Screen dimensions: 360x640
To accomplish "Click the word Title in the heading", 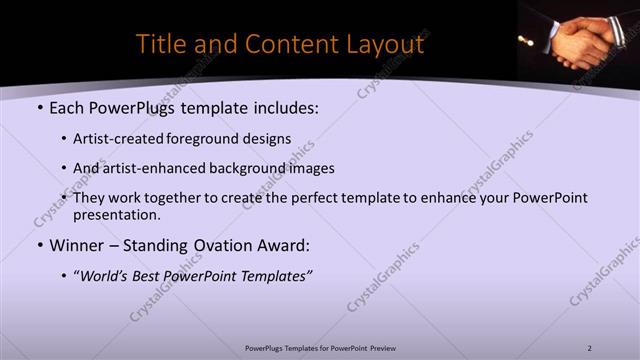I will click(159, 45).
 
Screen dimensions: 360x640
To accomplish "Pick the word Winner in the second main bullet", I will click(76, 245).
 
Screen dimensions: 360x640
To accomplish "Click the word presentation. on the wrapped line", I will click(117, 214).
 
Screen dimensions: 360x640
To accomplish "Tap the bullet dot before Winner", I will click(39, 245).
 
